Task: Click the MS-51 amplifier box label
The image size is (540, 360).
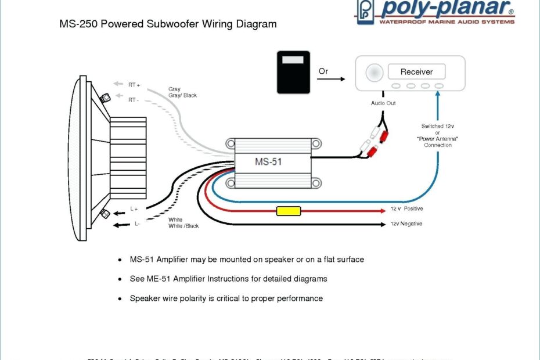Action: click(x=268, y=162)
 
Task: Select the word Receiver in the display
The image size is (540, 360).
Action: click(x=416, y=72)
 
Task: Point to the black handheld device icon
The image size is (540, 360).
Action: click(x=293, y=72)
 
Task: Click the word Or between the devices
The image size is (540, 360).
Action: click(x=323, y=71)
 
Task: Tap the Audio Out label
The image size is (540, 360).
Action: click(x=383, y=103)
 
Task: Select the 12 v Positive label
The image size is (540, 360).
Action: click(x=406, y=208)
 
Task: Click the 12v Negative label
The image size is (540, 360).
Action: click(x=406, y=224)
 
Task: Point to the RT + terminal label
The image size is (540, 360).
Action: click(x=134, y=85)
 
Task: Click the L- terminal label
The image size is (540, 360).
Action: click(x=137, y=224)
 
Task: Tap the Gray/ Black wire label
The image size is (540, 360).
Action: click(x=182, y=95)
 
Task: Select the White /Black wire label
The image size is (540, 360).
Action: click(x=183, y=226)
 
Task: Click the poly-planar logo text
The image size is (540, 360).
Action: click(x=447, y=9)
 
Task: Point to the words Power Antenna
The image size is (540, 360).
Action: click(x=437, y=139)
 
